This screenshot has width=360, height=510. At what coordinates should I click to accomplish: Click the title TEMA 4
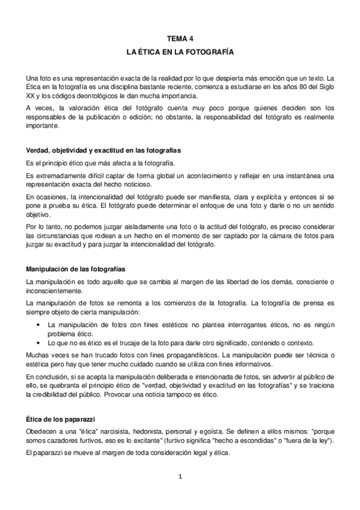coord(180,38)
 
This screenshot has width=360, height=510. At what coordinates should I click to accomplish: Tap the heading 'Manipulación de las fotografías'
coord(76,268)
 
